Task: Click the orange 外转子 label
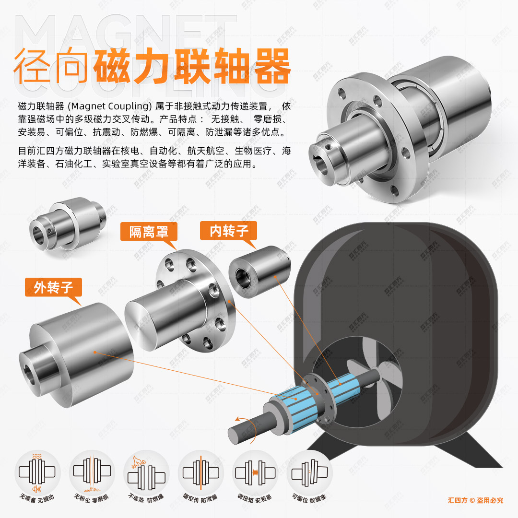[53, 287]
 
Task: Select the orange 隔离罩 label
[149, 232]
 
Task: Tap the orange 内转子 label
[228, 231]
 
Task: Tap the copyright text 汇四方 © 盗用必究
[475, 500]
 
